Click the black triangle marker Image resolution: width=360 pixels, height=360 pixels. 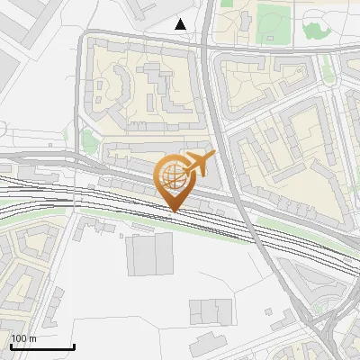point(181,24)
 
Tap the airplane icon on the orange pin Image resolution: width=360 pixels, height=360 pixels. point(198,164)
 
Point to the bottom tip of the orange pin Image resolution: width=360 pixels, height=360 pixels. point(174,211)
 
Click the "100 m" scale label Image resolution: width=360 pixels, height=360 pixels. point(23,338)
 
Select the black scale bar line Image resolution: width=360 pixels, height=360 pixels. point(41,346)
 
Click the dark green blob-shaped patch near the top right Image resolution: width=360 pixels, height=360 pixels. point(316,31)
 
